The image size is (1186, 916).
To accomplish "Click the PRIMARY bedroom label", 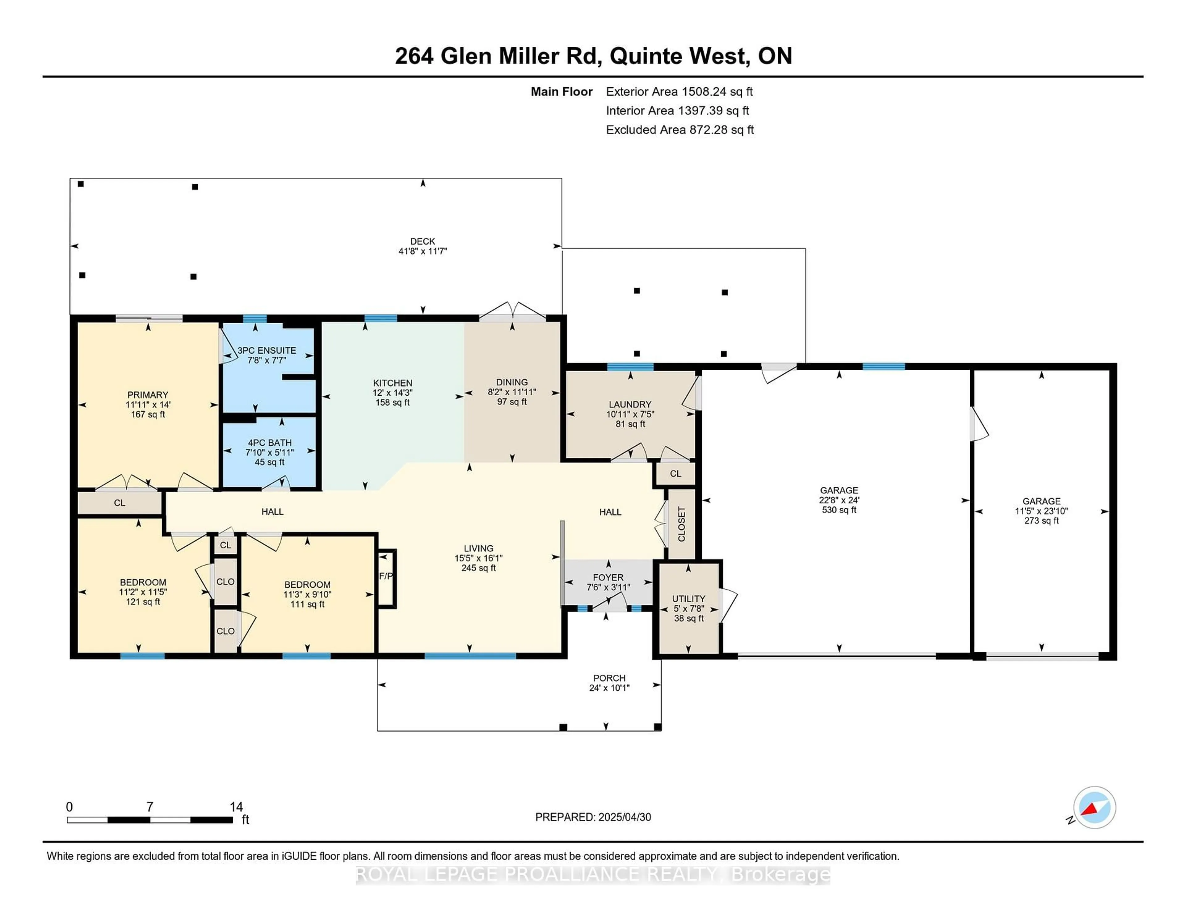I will point(148,394).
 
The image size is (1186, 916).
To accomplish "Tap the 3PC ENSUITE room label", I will point(267,351).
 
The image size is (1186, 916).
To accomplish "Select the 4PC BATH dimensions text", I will point(269,452).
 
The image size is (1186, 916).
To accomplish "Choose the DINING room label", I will point(511,382).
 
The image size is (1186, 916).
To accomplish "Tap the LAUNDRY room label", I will point(630,404).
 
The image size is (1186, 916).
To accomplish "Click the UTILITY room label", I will point(688,598).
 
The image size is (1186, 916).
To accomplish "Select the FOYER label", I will point(608,577).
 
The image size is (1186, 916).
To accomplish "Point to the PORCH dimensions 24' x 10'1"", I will point(609,688).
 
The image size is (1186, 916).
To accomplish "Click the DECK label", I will point(423,241).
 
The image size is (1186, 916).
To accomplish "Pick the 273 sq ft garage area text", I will point(1041,520).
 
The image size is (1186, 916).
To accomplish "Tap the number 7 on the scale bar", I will point(150,807).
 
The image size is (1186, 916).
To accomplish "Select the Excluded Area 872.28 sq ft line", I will point(680,130).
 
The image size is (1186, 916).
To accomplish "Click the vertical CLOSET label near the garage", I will point(682,524).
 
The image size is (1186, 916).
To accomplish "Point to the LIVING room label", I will point(478,548).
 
